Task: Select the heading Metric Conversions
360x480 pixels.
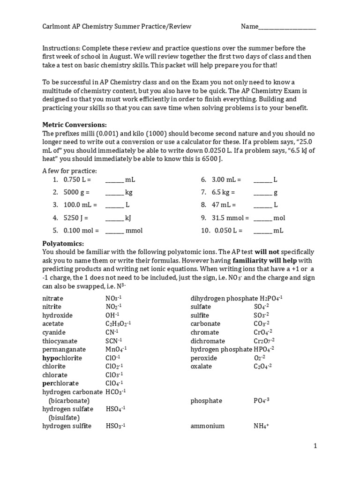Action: click(75, 125)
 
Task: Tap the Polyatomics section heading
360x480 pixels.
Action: click(63, 243)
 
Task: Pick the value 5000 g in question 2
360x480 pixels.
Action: click(76, 192)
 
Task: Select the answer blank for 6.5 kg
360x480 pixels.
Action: click(262, 192)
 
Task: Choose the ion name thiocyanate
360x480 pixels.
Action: click(60, 341)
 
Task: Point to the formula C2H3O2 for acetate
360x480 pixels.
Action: click(118, 324)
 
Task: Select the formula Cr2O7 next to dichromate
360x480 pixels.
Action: click(264, 341)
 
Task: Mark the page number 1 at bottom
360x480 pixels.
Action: click(315, 446)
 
